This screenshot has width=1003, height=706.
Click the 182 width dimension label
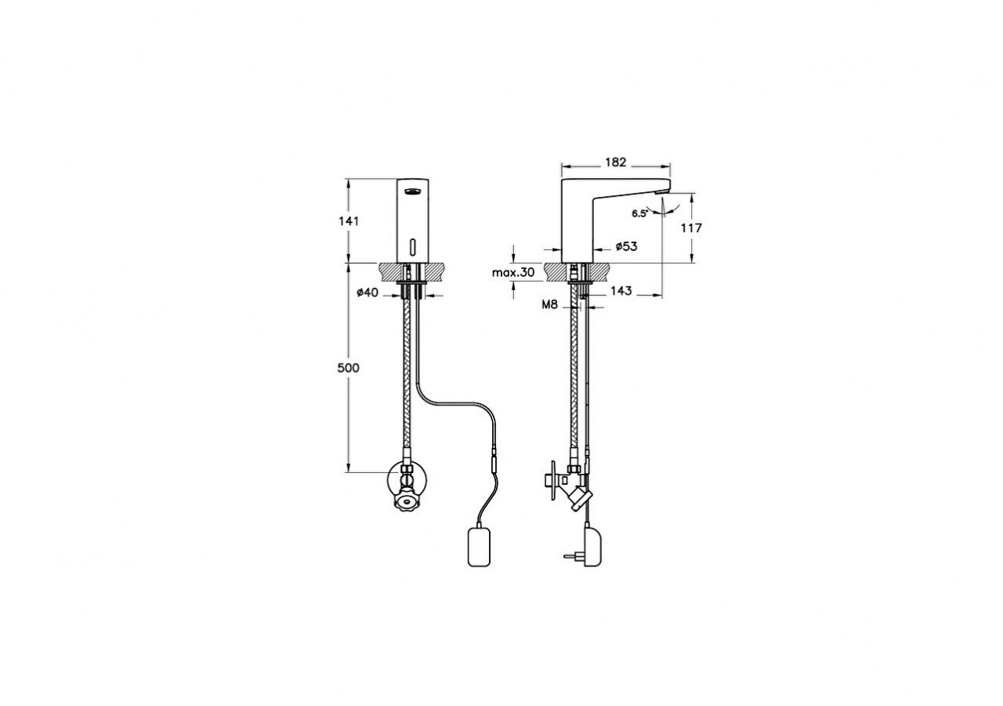coord(616,162)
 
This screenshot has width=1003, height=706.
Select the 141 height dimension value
coord(349,221)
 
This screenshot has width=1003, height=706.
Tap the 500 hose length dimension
coord(349,368)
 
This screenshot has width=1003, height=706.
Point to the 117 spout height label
coord(691,228)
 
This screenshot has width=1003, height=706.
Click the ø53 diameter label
coord(626,246)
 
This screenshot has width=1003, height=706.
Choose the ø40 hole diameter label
coord(368,293)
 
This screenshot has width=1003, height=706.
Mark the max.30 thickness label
coord(513,272)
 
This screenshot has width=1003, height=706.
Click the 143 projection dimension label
coord(621,291)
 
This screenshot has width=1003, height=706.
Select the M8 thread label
coord(550,305)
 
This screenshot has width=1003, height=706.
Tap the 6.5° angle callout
coord(639,214)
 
